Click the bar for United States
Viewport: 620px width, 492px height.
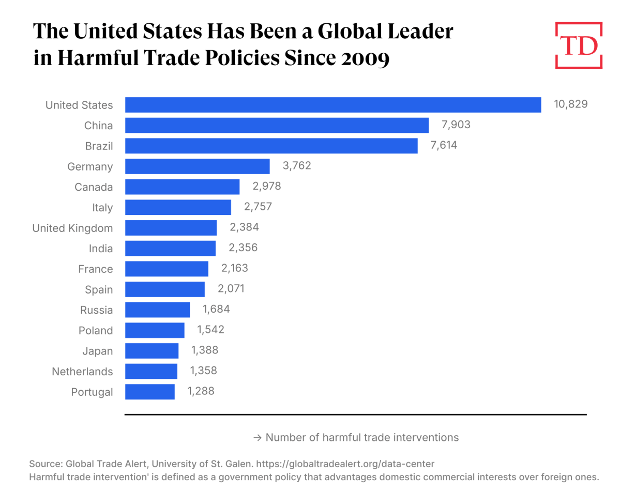coord(333,105)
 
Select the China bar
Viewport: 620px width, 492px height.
coord(277,126)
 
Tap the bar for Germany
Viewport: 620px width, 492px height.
coord(197,166)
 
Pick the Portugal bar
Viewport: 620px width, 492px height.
coord(150,392)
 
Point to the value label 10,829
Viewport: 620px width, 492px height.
coord(571,104)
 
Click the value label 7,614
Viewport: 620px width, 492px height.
coord(444,146)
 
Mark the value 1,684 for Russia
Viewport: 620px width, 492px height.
coord(213,310)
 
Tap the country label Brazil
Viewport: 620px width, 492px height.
coord(99,146)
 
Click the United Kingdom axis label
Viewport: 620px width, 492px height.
coord(72,228)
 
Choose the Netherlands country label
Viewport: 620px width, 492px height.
coord(82,372)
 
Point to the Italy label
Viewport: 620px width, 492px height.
coord(102,208)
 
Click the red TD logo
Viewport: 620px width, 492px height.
coord(579,45)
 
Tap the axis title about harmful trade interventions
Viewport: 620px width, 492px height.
coord(356,437)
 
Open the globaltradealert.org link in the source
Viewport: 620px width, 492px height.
coord(345,464)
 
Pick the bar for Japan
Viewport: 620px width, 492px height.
coord(152,351)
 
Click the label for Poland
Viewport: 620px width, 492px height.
coord(96,331)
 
